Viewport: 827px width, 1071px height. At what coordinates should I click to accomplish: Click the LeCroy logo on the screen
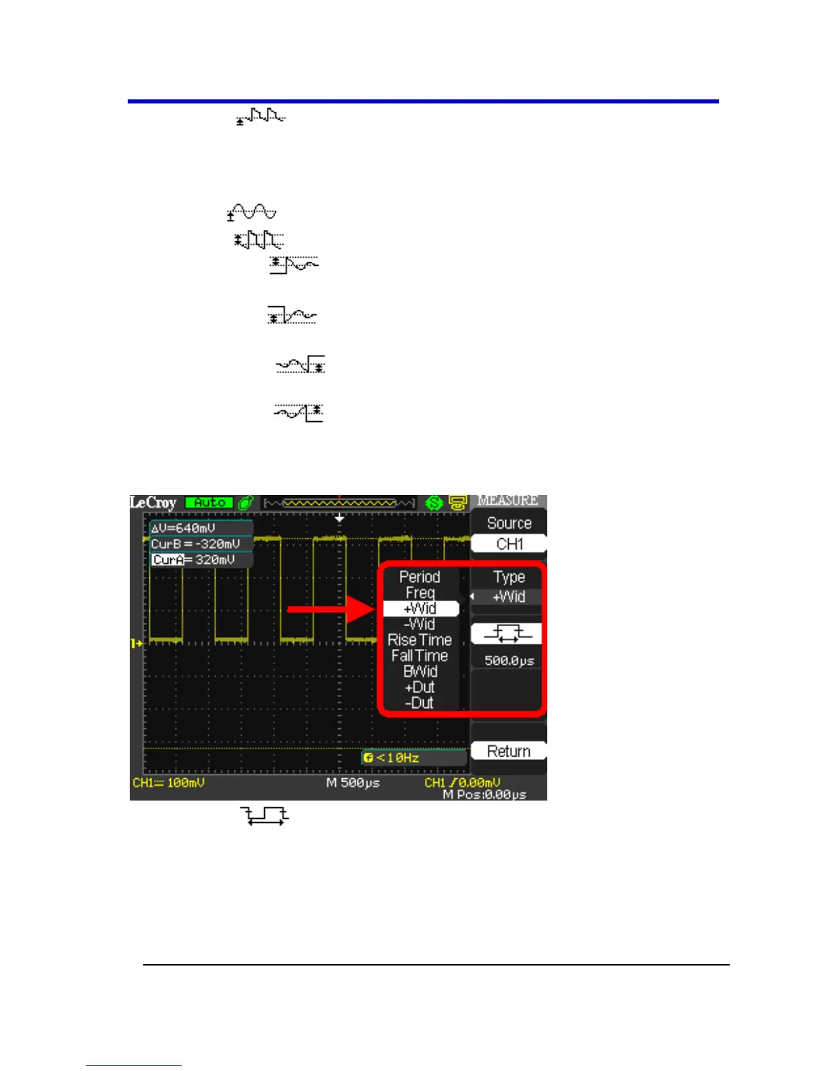pos(153,503)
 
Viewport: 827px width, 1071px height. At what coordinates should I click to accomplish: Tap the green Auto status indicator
pos(209,503)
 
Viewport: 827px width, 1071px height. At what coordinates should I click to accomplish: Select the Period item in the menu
pos(420,577)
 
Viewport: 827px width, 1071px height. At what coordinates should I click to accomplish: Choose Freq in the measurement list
pos(420,593)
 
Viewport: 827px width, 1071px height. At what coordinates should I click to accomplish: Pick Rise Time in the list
pos(420,640)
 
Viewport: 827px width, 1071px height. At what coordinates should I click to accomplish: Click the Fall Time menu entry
pos(420,656)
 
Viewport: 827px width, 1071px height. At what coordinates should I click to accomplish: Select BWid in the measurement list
pos(420,671)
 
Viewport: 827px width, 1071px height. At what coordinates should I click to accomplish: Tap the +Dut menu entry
pos(420,688)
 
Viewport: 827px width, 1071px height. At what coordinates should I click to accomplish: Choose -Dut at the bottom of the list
pos(420,703)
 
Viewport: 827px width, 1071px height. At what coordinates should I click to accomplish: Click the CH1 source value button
pos(509,544)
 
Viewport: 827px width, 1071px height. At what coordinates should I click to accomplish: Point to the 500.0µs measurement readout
pos(509,661)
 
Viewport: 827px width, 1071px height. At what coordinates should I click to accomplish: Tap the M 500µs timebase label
pos(353,783)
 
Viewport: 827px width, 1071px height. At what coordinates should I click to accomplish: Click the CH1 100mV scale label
pos(168,783)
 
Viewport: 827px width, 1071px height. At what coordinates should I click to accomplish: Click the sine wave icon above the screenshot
pos(252,212)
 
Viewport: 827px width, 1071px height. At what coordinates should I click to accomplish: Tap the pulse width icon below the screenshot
pos(266,815)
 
